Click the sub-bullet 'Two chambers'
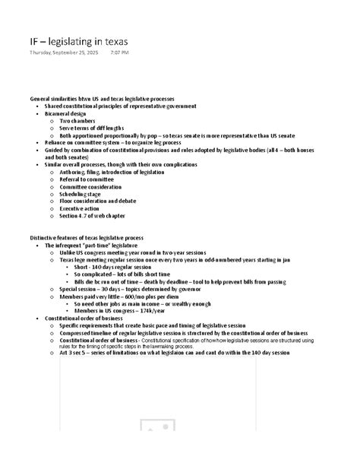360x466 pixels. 77,121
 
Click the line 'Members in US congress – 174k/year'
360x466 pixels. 124,310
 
